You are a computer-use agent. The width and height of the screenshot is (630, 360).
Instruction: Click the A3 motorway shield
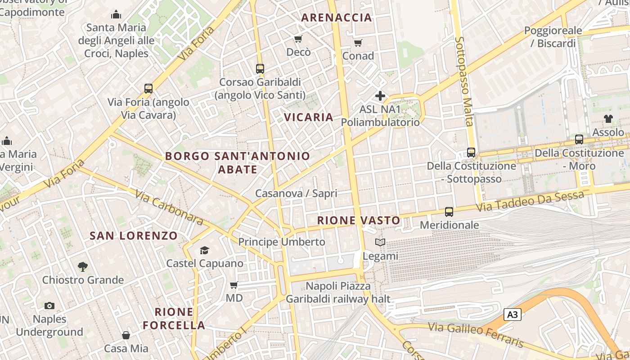[x=513, y=315]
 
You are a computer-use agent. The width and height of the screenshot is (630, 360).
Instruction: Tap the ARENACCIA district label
[x=337, y=18]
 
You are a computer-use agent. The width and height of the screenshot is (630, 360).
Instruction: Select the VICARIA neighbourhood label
[x=309, y=117]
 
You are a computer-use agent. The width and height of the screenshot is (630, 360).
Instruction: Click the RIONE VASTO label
[x=359, y=220]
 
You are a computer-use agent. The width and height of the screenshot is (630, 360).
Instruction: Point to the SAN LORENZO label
[x=134, y=236]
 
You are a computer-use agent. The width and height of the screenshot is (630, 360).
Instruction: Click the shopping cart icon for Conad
[x=358, y=43]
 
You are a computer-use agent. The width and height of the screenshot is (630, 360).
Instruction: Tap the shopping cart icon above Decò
[x=298, y=39]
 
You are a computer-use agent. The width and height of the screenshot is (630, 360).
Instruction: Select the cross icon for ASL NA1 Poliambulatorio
[x=380, y=96]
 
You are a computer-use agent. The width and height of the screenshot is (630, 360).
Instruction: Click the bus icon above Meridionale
[x=449, y=212]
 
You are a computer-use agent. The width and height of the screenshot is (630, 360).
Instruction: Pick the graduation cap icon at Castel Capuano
[x=205, y=250]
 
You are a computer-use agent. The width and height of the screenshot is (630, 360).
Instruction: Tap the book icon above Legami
[x=380, y=243]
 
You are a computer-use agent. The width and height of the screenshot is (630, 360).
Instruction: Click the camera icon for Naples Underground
[x=49, y=306]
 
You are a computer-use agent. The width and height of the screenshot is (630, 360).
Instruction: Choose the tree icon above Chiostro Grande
[x=82, y=267]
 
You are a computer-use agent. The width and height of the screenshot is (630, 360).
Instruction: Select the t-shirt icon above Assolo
[x=608, y=119]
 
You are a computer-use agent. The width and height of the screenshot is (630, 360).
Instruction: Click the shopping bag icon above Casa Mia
[x=126, y=335]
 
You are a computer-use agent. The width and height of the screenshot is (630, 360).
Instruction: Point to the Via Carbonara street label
[x=169, y=208]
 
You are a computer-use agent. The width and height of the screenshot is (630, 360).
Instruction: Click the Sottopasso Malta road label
[x=464, y=81]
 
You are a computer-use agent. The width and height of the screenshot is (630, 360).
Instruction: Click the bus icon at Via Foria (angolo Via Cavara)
[x=148, y=89]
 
